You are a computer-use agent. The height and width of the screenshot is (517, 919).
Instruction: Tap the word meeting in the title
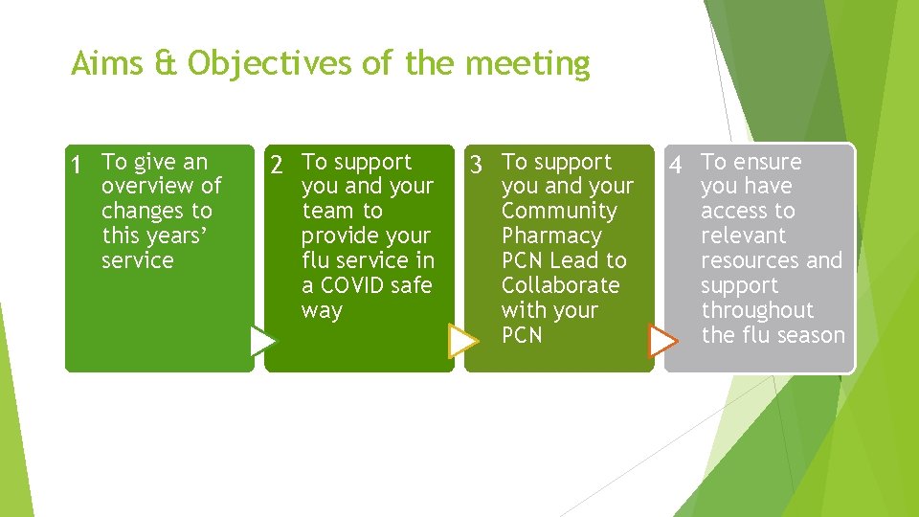point(527,64)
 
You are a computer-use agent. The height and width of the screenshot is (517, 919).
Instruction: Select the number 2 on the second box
point(277,166)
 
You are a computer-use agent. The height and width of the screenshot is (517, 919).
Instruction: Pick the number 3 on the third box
point(476,166)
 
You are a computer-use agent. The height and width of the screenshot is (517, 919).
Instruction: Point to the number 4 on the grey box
point(676,166)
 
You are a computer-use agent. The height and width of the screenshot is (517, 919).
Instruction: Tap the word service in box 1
point(138,260)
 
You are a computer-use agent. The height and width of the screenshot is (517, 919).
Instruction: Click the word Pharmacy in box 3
point(551,236)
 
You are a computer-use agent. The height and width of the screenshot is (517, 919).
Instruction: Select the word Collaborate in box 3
point(560,285)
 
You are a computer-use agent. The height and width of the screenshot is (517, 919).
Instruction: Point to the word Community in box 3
point(559,211)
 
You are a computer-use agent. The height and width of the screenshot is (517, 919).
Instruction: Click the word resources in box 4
point(748,260)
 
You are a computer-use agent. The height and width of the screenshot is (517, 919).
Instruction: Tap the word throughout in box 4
point(757,310)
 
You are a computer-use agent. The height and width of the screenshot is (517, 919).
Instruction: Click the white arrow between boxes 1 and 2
point(261,341)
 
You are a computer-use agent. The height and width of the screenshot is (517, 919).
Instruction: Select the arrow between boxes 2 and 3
point(463,341)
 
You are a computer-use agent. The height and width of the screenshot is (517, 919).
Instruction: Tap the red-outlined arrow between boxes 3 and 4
point(661,341)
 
